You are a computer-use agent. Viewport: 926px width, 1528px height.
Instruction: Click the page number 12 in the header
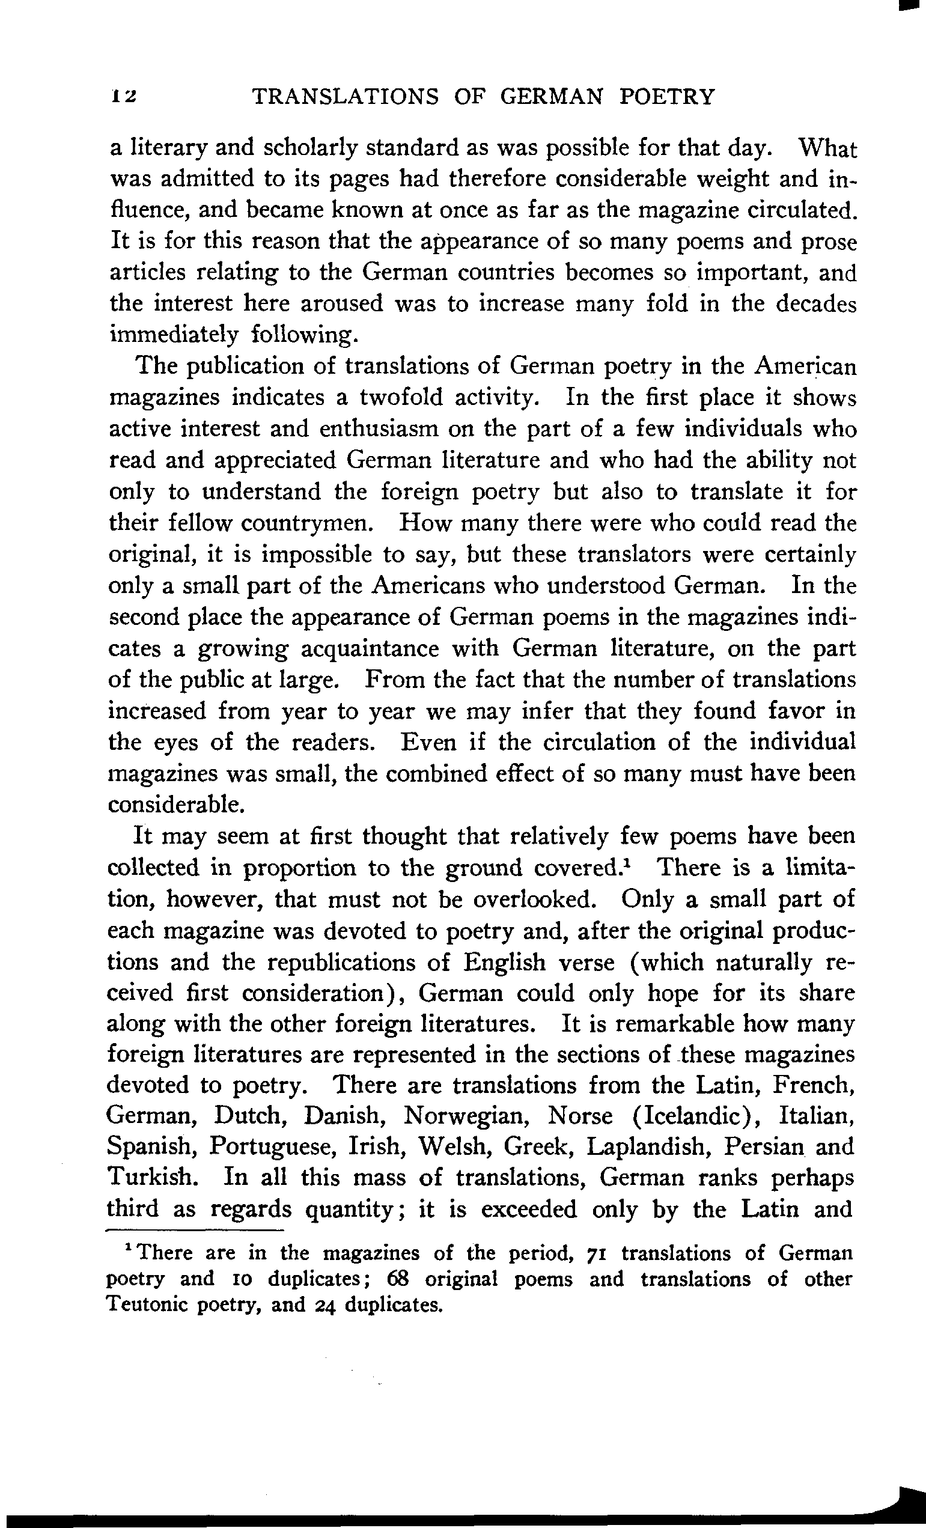click(x=124, y=97)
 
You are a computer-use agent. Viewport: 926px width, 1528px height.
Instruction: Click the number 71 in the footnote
click(x=597, y=1254)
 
